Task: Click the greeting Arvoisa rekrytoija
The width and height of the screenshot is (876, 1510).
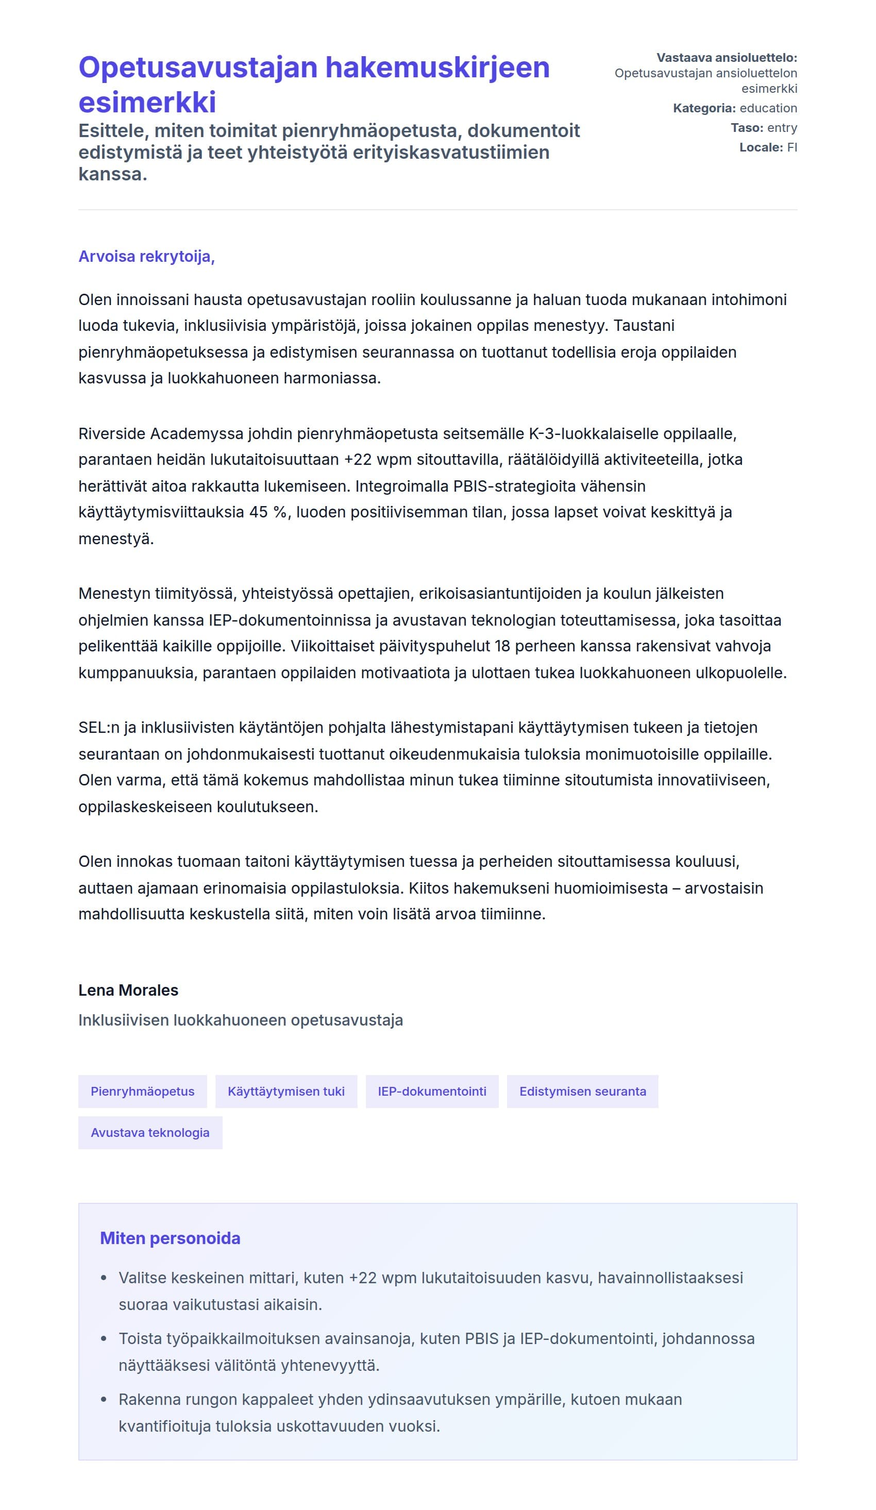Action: (x=146, y=257)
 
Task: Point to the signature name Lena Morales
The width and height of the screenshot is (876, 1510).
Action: (x=128, y=990)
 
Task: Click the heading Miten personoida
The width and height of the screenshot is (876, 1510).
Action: (x=170, y=1238)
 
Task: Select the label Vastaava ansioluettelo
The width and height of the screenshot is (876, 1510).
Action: (x=726, y=58)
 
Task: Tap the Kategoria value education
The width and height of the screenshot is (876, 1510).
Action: (x=768, y=108)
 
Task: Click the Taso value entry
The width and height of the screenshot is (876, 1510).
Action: (x=781, y=128)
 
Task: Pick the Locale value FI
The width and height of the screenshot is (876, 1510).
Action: (x=791, y=147)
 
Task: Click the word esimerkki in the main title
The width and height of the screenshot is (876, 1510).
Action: (x=147, y=102)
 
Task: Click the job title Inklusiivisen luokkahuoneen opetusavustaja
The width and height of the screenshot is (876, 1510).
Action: (x=240, y=1020)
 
